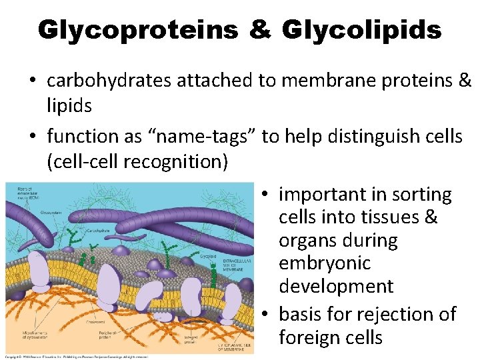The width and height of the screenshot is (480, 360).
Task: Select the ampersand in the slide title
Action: tap(259, 29)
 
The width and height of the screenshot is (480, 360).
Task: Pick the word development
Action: tap(336, 287)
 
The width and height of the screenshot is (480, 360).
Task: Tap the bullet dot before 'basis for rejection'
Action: tap(265, 315)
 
